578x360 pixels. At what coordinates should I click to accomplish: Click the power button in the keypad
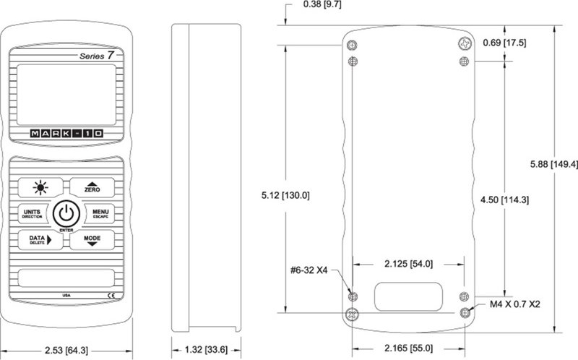click(x=66, y=213)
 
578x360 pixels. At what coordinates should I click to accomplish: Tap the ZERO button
click(x=92, y=187)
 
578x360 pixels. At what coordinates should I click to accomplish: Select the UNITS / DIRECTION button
click(x=33, y=213)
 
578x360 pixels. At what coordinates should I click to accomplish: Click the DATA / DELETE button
click(x=40, y=240)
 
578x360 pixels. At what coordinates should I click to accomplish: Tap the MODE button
click(x=92, y=240)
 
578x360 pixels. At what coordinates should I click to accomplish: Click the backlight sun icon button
click(x=40, y=187)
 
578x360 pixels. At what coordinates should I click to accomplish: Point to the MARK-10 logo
click(x=66, y=134)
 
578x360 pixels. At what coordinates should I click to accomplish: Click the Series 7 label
click(x=97, y=56)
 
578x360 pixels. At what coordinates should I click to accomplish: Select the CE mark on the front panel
click(x=111, y=295)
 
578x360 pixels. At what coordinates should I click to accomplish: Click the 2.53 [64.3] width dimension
click(x=66, y=351)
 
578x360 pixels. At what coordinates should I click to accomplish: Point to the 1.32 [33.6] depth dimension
click(x=206, y=350)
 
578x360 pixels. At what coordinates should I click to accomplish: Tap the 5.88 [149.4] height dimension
click(x=554, y=164)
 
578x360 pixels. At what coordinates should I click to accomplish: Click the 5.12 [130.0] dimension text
click(x=285, y=195)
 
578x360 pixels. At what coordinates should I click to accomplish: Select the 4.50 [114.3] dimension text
click(x=504, y=200)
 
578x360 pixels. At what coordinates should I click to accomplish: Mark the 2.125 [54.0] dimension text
click(x=408, y=264)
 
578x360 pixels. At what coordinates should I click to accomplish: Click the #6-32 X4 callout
click(x=309, y=270)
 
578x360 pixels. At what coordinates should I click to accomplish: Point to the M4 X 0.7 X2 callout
click(x=514, y=304)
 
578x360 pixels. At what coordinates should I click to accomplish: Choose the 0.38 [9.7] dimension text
click(x=322, y=4)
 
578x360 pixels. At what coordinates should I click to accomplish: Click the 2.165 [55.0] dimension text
click(x=408, y=348)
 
